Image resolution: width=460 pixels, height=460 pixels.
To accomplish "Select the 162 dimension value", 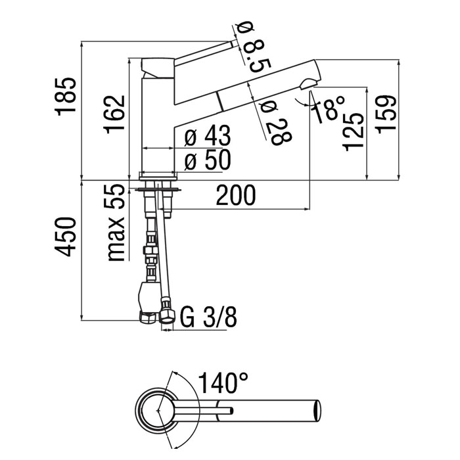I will (x=116, y=114).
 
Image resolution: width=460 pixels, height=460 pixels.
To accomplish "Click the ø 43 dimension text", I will (x=207, y=137).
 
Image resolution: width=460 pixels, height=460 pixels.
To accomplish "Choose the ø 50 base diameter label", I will (x=207, y=160).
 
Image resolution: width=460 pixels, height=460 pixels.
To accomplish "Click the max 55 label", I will (x=117, y=223).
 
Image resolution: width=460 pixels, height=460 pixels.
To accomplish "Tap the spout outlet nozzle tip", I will (x=309, y=83).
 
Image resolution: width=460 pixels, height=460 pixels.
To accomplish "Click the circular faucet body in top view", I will (x=157, y=410).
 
